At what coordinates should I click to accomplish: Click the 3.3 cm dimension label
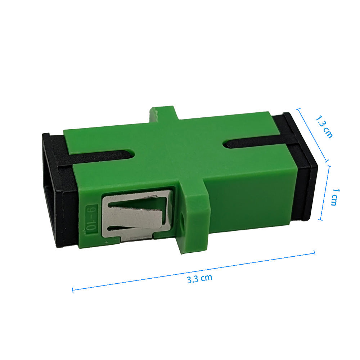(x=199, y=279)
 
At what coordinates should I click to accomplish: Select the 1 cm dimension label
(x=335, y=197)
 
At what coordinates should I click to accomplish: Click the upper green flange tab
(x=163, y=114)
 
